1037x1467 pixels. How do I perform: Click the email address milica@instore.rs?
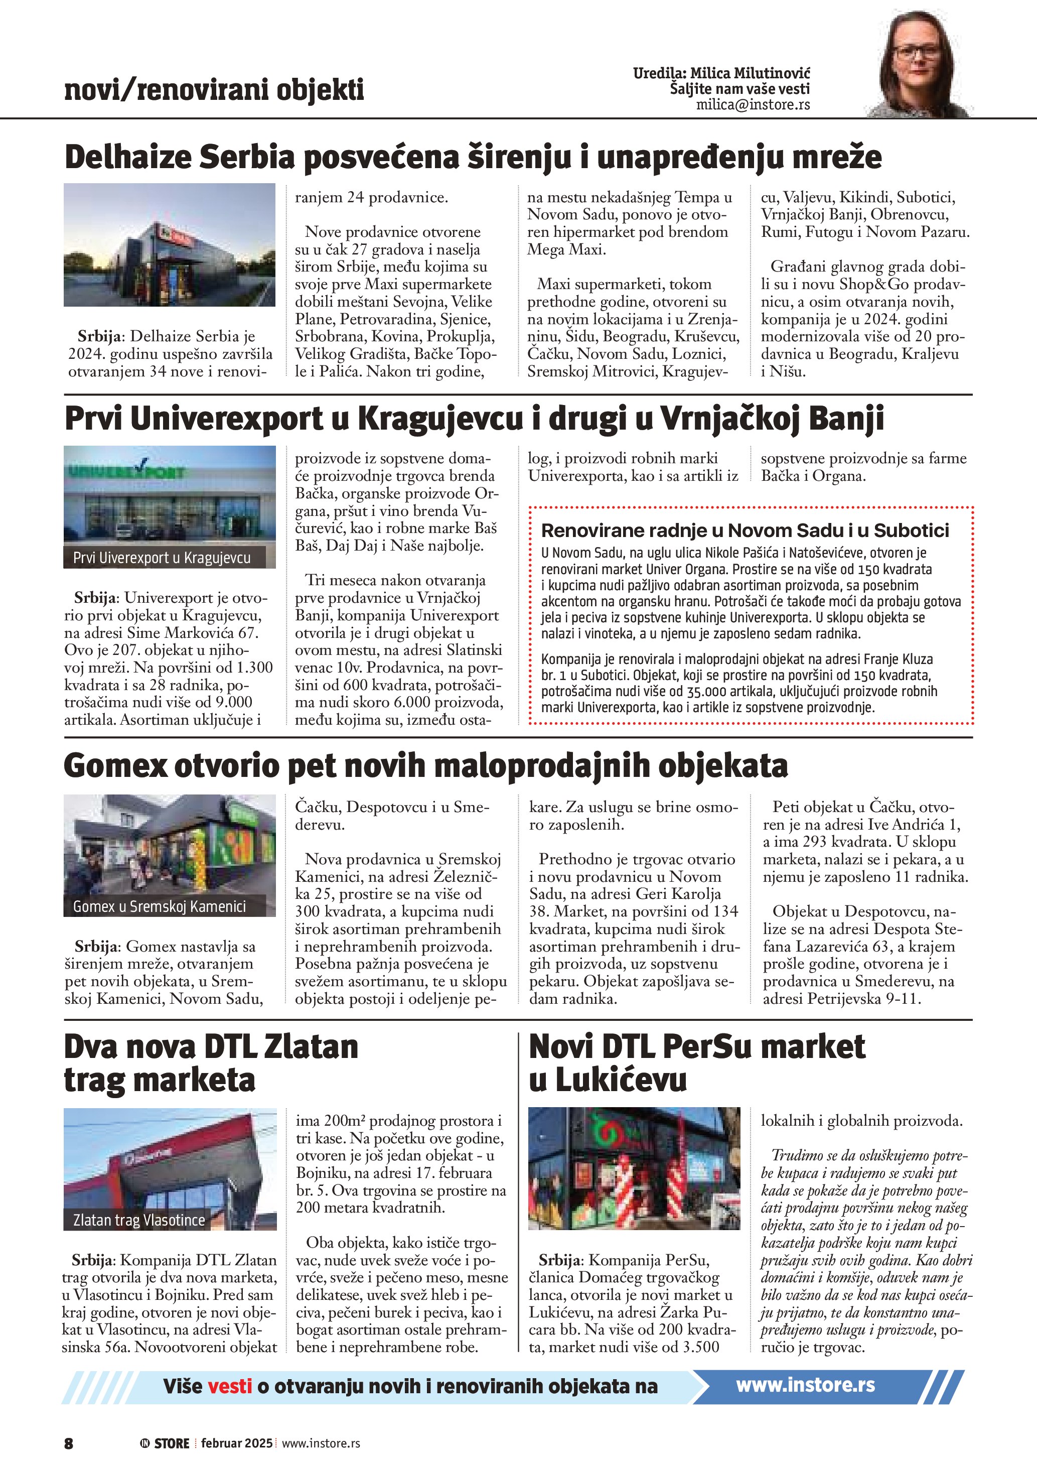[x=753, y=105]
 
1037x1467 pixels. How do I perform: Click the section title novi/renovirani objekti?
[x=214, y=89]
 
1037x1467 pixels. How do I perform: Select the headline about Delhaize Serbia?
[x=473, y=157]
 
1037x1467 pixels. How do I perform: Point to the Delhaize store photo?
[x=169, y=245]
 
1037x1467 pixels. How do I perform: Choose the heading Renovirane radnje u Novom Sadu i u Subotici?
[x=745, y=530]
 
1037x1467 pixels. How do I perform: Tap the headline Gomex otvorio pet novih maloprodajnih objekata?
[x=425, y=765]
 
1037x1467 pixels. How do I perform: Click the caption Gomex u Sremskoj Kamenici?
[x=159, y=906]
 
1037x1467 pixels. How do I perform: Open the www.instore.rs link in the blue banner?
[x=805, y=1385]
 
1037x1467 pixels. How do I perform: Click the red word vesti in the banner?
[x=229, y=1386]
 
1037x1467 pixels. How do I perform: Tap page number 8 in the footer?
[x=68, y=1443]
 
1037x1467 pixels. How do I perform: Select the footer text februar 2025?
[x=236, y=1443]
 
